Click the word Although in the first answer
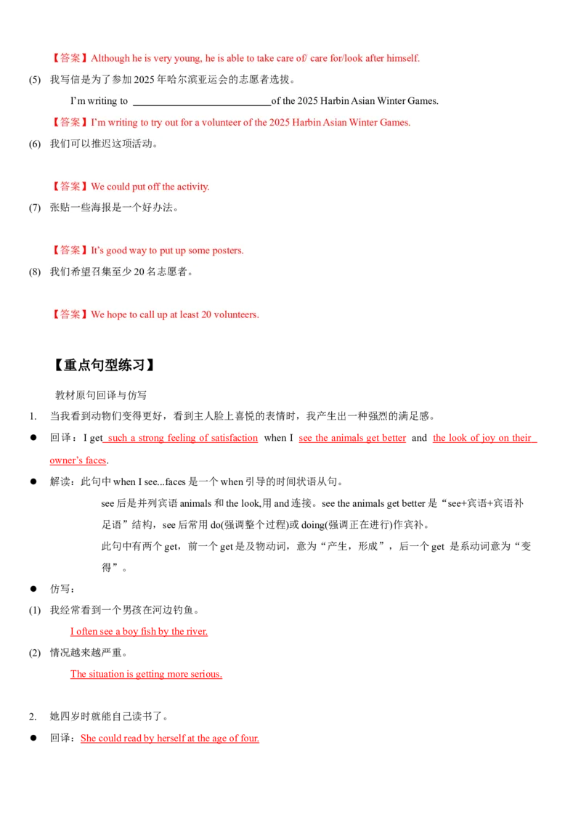coord(110,58)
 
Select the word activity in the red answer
coord(192,187)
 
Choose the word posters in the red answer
coord(227,251)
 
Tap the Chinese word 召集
coord(106,272)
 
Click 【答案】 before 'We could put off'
coord(69,187)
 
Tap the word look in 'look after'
coord(355,58)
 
